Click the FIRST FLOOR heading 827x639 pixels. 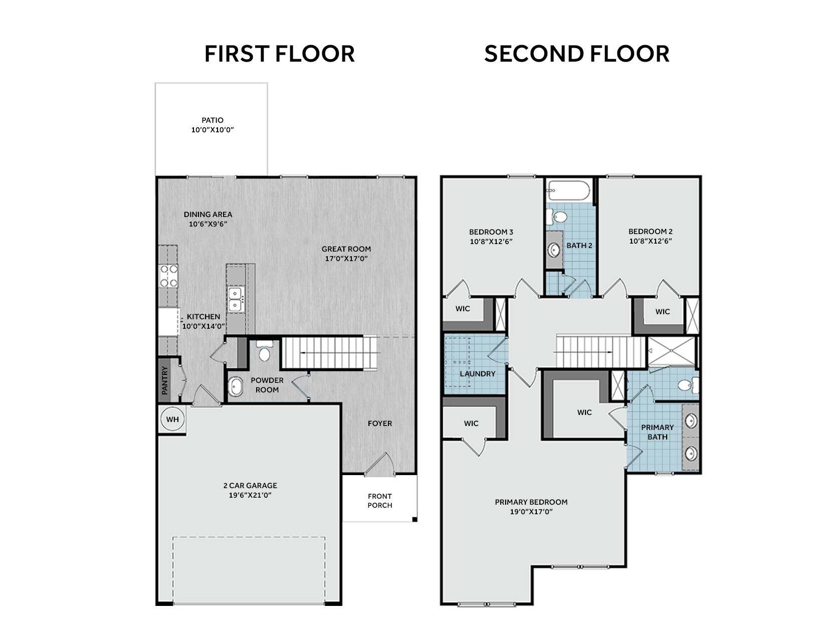pos(279,54)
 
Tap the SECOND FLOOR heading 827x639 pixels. pos(576,54)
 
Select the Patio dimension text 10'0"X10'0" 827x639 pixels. pos(213,130)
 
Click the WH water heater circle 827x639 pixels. pos(172,419)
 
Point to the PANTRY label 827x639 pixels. pos(164,380)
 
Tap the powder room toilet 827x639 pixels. pos(264,350)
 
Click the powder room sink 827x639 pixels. pos(236,387)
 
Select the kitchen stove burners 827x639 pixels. pos(168,276)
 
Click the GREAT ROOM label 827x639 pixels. pos(346,249)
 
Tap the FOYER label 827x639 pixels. pos(379,423)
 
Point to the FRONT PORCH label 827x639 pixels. pos(379,501)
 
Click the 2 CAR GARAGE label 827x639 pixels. pos(250,485)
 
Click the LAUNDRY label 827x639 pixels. pos(477,374)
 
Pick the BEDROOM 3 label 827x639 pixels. pos(491,232)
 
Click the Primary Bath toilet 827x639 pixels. pos(689,385)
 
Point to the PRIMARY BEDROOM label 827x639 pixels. pos(531,502)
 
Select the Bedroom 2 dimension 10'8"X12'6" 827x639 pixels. pos(651,241)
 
